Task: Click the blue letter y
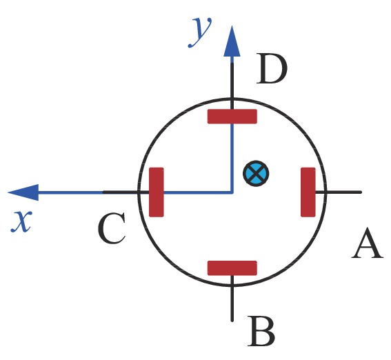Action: coord(200,32)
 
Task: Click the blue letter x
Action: coord(21,221)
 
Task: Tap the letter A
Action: coord(368,243)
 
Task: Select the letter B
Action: coord(261,331)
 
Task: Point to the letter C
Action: coord(112,228)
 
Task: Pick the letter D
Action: coord(272,68)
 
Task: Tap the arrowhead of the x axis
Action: coord(23,192)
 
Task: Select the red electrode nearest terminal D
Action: coord(232,116)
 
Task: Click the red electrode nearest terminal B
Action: coord(232,268)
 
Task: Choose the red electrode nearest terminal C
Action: coord(157,192)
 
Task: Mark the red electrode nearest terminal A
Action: coord(308,192)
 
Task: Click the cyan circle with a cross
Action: coord(256,173)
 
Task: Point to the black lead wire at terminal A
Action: coord(339,192)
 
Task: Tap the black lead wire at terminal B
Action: coord(232,299)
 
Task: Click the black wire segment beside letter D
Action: coord(232,86)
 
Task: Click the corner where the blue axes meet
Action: coord(232,192)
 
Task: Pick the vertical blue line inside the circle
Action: coord(232,158)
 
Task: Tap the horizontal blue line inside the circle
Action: coord(198,192)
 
